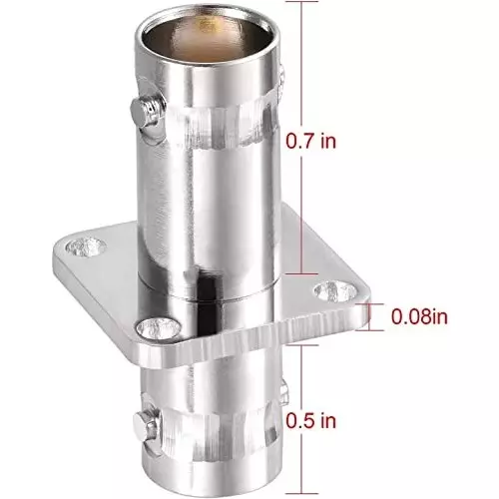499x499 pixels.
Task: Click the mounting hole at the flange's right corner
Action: pos(326,290)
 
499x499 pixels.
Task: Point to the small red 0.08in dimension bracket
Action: pos(371,317)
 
